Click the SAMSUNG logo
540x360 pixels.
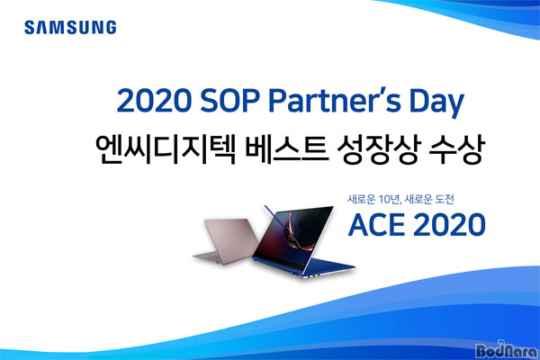[70, 28]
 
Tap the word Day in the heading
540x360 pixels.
[436, 103]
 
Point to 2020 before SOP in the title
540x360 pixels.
[154, 101]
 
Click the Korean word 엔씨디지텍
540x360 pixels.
[165, 149]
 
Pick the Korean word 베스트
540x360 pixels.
[286, 149]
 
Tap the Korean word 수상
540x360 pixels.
[457, 149]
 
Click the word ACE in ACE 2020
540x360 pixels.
[376, 225]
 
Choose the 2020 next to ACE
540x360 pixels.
[449, 225]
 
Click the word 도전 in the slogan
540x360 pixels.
[445, 199]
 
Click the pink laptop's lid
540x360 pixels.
[231, 238]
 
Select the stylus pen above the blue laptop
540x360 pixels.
[274, 216]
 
